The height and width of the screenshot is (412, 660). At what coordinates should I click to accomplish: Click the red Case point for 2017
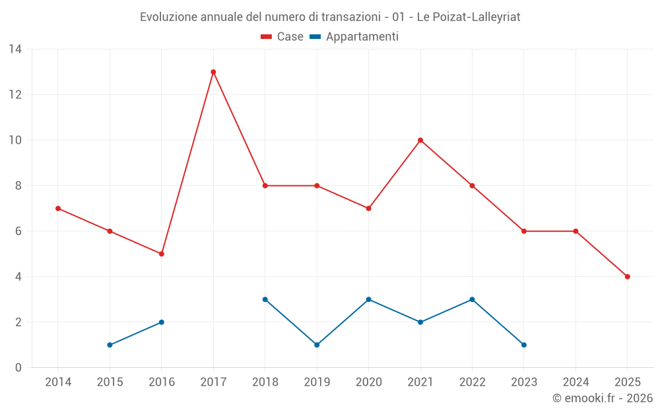[x=213, y=72]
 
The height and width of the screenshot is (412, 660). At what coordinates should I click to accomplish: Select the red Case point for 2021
[x=420, y=140]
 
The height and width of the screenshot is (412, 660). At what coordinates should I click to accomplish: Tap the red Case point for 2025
[x=627, y=277]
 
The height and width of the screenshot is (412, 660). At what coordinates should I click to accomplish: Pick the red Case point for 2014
[x=58, y=208]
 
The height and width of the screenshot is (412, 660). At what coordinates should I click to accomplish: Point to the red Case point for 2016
[x=162, y=254]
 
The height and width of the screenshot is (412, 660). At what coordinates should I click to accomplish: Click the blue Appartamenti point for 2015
[x=110, y=345]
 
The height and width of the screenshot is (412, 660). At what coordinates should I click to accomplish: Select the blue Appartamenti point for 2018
[x=265, y=299]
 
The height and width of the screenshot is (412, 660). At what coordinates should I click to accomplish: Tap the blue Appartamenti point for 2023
[x=524, y=345]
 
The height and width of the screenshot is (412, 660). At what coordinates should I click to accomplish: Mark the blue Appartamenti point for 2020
[x=369, y=299]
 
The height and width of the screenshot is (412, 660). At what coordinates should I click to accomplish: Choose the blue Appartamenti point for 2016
[x=162, y=322]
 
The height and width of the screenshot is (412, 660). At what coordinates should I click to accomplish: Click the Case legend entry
[x=282, y=37]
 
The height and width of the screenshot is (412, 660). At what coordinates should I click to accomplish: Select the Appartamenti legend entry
[x=354, y=37]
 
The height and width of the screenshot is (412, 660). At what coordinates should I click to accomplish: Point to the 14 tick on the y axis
[x=15, y=49]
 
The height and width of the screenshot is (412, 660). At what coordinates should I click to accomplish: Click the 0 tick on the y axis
[x=18, y=368]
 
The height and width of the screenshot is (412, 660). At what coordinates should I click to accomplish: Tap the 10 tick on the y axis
[x=15, y=140]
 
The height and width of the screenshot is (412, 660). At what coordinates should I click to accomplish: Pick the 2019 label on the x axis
[x=317, y=382]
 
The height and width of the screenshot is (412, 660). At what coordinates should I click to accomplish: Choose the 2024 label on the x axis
[x=576, y=382]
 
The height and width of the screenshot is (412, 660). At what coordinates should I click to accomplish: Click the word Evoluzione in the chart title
[x=168, y=17]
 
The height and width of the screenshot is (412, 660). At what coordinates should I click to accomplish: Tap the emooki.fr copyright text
[x=602, y=398]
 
